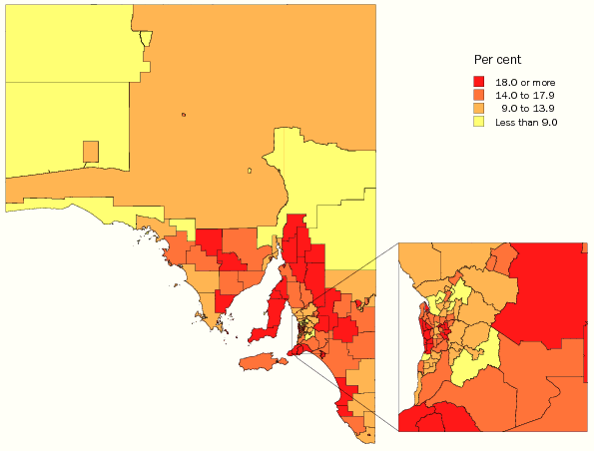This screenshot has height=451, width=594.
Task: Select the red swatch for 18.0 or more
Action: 480,82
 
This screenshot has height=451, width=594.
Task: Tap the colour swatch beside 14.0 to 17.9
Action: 480,95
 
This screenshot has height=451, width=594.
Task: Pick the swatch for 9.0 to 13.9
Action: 480,108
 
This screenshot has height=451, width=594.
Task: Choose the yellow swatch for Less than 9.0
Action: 480,121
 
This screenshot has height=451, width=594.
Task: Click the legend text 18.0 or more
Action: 525,82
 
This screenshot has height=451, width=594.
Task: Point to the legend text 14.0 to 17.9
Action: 525,95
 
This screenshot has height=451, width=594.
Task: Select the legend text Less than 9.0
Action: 525,121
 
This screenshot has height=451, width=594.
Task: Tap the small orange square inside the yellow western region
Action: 91,151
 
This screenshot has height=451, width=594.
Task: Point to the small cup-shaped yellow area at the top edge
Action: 147,38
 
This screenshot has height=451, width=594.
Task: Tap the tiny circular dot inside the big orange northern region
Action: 184,114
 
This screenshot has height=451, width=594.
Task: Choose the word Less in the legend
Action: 506,121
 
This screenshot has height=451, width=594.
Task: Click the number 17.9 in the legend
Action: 544,95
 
